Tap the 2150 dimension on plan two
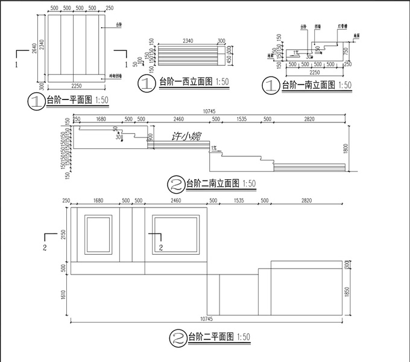click(x=62, y=235)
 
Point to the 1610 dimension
click(x=62, y=294)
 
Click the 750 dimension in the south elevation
click(x=345, y=51)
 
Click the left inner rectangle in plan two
click(x=98, y=235)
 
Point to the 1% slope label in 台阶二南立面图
click(x=213, y=147)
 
